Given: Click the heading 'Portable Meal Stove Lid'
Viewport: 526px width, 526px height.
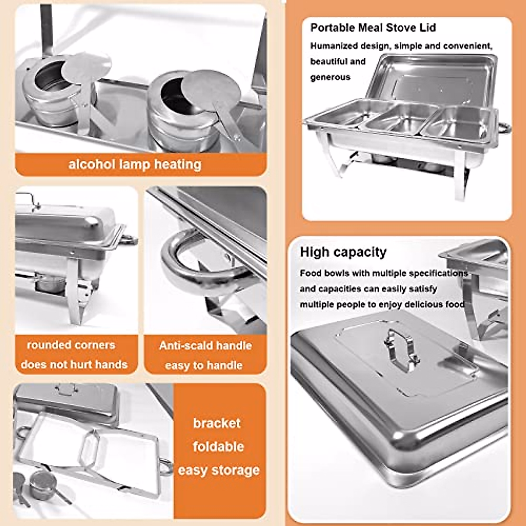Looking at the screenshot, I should [x=373, y=28].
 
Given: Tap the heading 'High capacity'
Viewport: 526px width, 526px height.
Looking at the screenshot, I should [x=343, y=252].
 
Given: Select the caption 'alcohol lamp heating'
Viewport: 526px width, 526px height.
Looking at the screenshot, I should [x=135, y=164].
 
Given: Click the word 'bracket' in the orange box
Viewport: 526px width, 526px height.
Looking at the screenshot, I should [x=217, y=423].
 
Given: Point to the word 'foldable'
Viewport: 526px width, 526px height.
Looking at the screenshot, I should [x=218, y=447].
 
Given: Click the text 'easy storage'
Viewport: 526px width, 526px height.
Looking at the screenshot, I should [x=218, y=470].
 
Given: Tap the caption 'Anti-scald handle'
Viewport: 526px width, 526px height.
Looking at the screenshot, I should [x=205, y=345].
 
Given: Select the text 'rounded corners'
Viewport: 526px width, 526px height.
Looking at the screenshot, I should [x=71, y=345].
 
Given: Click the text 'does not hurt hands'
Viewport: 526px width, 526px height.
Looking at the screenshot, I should [x=74, y=364].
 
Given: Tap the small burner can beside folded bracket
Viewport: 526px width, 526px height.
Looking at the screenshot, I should [x=42, y=484].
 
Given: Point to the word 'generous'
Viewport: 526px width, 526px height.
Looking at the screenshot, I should [x=330, y=77].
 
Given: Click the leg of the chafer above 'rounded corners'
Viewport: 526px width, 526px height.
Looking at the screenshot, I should [x=75, y=289].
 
